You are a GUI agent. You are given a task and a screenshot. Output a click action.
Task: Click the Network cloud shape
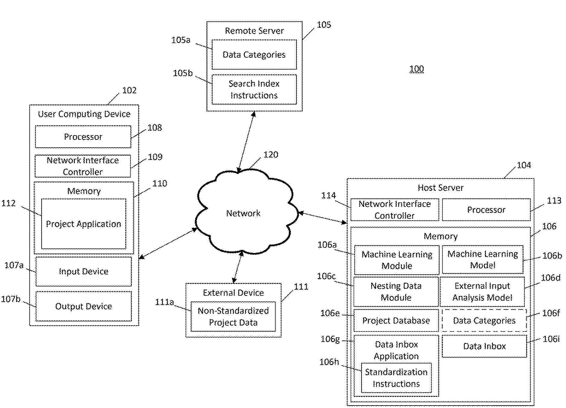(243, 213)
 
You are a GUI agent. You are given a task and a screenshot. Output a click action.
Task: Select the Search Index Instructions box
(254, 89)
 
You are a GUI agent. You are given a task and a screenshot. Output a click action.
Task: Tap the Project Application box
(83, 224)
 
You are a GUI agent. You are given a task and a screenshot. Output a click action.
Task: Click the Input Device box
(83, 271)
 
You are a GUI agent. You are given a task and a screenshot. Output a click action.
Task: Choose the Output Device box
(83, 306)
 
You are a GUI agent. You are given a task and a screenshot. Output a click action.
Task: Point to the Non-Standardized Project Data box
(233, 316)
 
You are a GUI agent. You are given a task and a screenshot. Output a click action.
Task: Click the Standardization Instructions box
(396, 378)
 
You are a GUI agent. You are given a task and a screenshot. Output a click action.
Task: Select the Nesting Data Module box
(396, 291)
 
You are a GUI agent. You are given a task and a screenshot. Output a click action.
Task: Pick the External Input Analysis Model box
(482, 291)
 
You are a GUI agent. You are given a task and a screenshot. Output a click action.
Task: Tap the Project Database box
(396, 320)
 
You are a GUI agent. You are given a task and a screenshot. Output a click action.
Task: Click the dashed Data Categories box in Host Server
(484, 320)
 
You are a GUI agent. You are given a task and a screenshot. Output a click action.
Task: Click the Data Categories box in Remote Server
(254, 55)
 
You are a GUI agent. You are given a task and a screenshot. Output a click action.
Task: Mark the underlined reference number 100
(416, 69)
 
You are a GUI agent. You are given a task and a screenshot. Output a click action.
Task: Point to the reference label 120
(270, 155)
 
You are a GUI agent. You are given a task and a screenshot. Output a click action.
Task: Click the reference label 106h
(329, 362)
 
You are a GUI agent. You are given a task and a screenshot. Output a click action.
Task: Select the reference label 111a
(164, 302)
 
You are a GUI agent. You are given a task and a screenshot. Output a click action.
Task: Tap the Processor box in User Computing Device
(83, 137)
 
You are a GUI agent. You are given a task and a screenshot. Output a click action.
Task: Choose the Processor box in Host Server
(486, 210)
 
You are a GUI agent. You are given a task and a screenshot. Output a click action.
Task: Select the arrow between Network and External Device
(237, 267)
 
